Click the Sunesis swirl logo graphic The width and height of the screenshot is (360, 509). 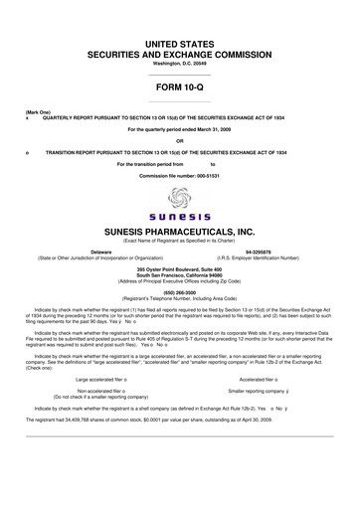(180, 198)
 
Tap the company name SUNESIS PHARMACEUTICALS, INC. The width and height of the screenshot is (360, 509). (180, 230)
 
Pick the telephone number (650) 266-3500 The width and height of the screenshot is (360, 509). (180, 293)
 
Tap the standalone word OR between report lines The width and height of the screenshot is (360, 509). (180, 140)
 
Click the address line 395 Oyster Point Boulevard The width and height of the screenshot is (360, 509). (180, 268)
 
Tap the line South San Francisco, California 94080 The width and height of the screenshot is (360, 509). (180, 274)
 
